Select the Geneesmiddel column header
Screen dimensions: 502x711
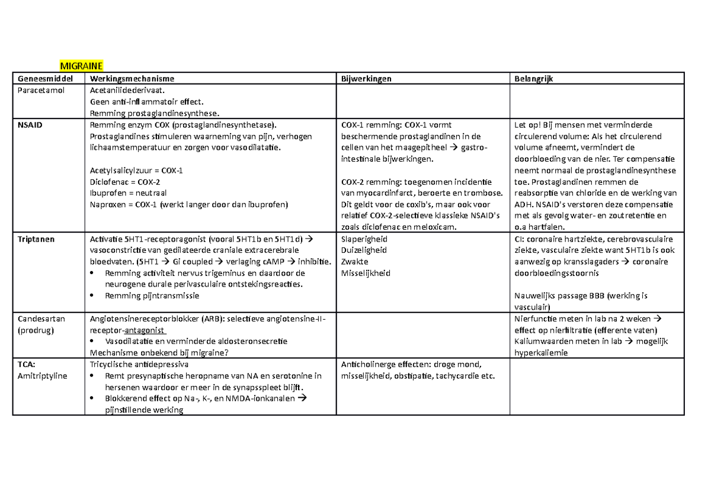click(x=46, y=78)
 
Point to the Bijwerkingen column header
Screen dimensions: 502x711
click(x=366, y=78)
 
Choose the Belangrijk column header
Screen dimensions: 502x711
click(x=534, y=78)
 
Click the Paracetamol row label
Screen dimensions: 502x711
click(x=41, y=91)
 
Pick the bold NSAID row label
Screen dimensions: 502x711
click(x=30, y=125)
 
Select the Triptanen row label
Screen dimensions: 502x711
click(x=36, y=239)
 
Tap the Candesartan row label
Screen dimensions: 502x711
click(x=41, y=318)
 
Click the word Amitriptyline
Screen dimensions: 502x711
click(x=43, y=376)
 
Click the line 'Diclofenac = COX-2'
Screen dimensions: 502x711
click(x=124, y=182)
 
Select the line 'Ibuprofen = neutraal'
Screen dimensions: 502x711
click(x=127, y=193)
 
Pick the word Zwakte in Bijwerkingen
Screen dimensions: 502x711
click(x=355, y=262)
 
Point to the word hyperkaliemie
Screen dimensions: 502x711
click(x=541, y=353)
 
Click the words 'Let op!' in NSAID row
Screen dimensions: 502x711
click(x=528, y=125)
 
